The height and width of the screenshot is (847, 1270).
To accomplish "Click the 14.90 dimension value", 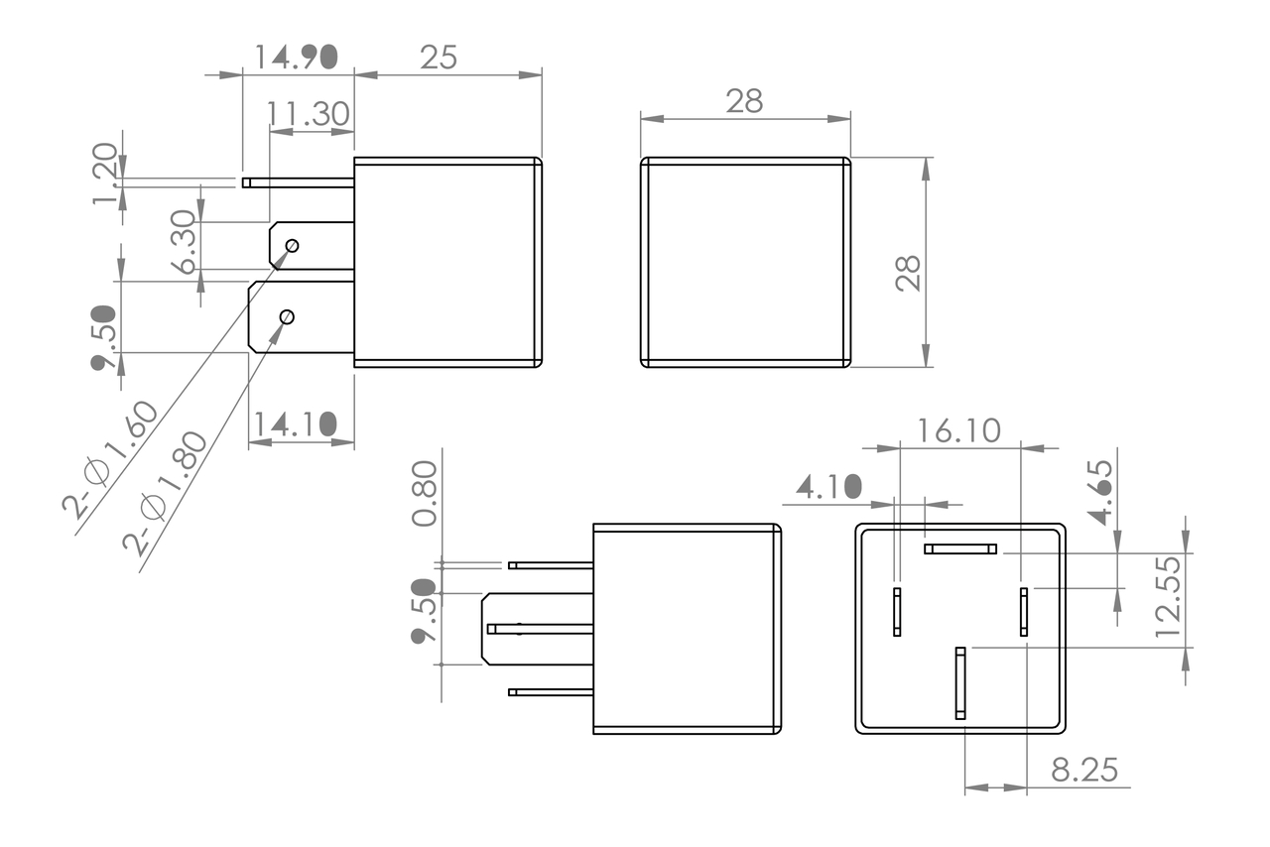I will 296,57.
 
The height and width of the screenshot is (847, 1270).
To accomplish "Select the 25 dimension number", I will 439,58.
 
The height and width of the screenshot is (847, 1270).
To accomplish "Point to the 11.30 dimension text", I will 309,114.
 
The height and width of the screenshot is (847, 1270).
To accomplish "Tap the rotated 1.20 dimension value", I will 105,174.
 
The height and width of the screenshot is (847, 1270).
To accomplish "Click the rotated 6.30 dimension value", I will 185,242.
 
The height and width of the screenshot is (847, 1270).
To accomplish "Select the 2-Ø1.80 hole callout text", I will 166,492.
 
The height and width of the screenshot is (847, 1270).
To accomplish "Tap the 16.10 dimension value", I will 958,430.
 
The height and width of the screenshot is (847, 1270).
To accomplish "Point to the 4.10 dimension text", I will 828,486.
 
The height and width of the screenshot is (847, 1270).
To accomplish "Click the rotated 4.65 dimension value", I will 1100,491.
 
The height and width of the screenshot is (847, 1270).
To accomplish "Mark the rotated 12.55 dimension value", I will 1168,596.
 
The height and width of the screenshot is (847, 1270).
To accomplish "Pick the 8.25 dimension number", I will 1084,770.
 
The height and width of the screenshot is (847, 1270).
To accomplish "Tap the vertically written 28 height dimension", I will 908,274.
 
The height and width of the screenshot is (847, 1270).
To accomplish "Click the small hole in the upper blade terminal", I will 292,245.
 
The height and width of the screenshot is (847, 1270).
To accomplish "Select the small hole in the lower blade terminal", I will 287,316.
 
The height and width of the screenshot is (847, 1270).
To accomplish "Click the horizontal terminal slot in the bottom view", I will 960,548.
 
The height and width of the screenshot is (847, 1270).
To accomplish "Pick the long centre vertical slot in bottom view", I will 960,682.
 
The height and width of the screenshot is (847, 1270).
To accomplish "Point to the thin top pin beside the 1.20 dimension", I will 299,182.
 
